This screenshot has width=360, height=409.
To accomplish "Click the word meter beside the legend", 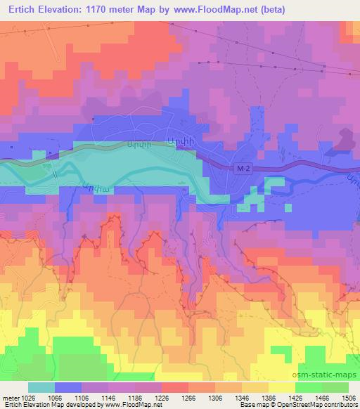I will click(x=10, y=397).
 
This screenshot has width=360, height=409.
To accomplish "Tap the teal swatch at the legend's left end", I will click(x=41, y=387).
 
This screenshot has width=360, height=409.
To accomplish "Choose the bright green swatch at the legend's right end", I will click(x=335, y=387).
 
